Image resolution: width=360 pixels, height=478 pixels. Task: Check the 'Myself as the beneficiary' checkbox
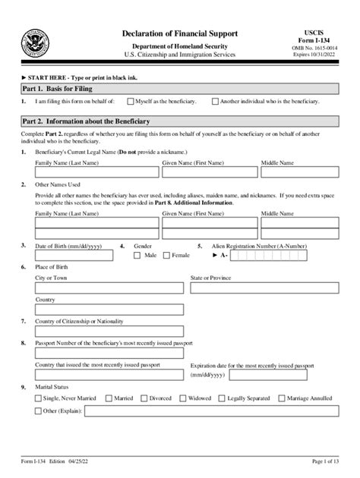(131, 100)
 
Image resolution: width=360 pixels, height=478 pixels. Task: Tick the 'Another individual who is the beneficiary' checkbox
(216, 100)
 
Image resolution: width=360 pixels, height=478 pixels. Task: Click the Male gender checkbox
(137, 256)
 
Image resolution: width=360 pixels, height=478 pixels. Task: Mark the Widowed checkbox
(184, 397)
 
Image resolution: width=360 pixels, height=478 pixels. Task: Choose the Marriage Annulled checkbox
(283, 397)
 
